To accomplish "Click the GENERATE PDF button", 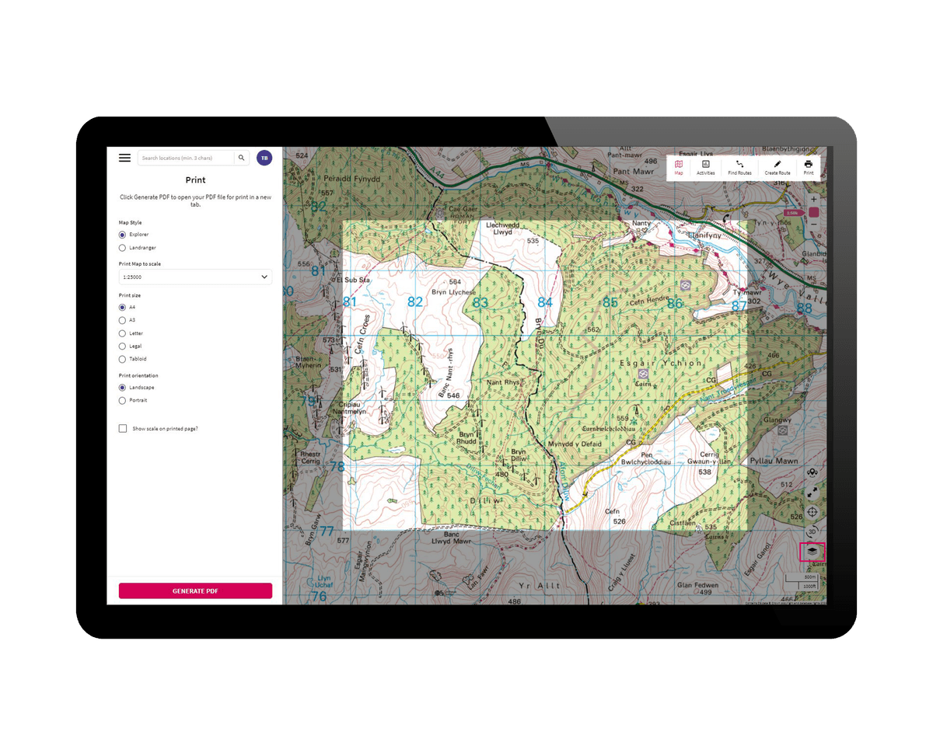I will pyautogui.click(x=195, y=591).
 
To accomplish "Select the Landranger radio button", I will pyautogui.click(x=122, y=248).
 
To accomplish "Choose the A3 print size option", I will pyautogui.click(x=122, y=320).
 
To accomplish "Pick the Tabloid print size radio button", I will pyautogui.click(x=122, y=359).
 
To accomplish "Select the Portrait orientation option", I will pyautogui.click(x=122, y=400).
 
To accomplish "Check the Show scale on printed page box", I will pyautogui.click(x=123, y=428).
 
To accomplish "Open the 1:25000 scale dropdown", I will pyautogui.click(x=195, y=277).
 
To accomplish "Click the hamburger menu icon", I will pyautogui.click(x=124, y=158).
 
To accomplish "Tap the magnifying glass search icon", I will pyautogui.click(x=242, y=158).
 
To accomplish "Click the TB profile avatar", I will pyautogui.click(x=264, y=158).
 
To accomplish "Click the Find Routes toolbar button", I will pyautogui.click(x=739, y=168).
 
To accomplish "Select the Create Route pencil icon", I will pyautogui.click(x=777, y=168).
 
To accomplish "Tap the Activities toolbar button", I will pyautogui.click(x=705, y=168).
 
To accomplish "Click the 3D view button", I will pyautogui.click(x=812, y=531).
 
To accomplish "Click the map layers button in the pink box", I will pyautogui.click(x=812, y=551).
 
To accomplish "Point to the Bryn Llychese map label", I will pyautogui.click(x=454, y=287).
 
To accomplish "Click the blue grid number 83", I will pyautogui.click(x=480, y=302).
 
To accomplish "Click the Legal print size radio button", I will pyautogui.click(x=122, y=346).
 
